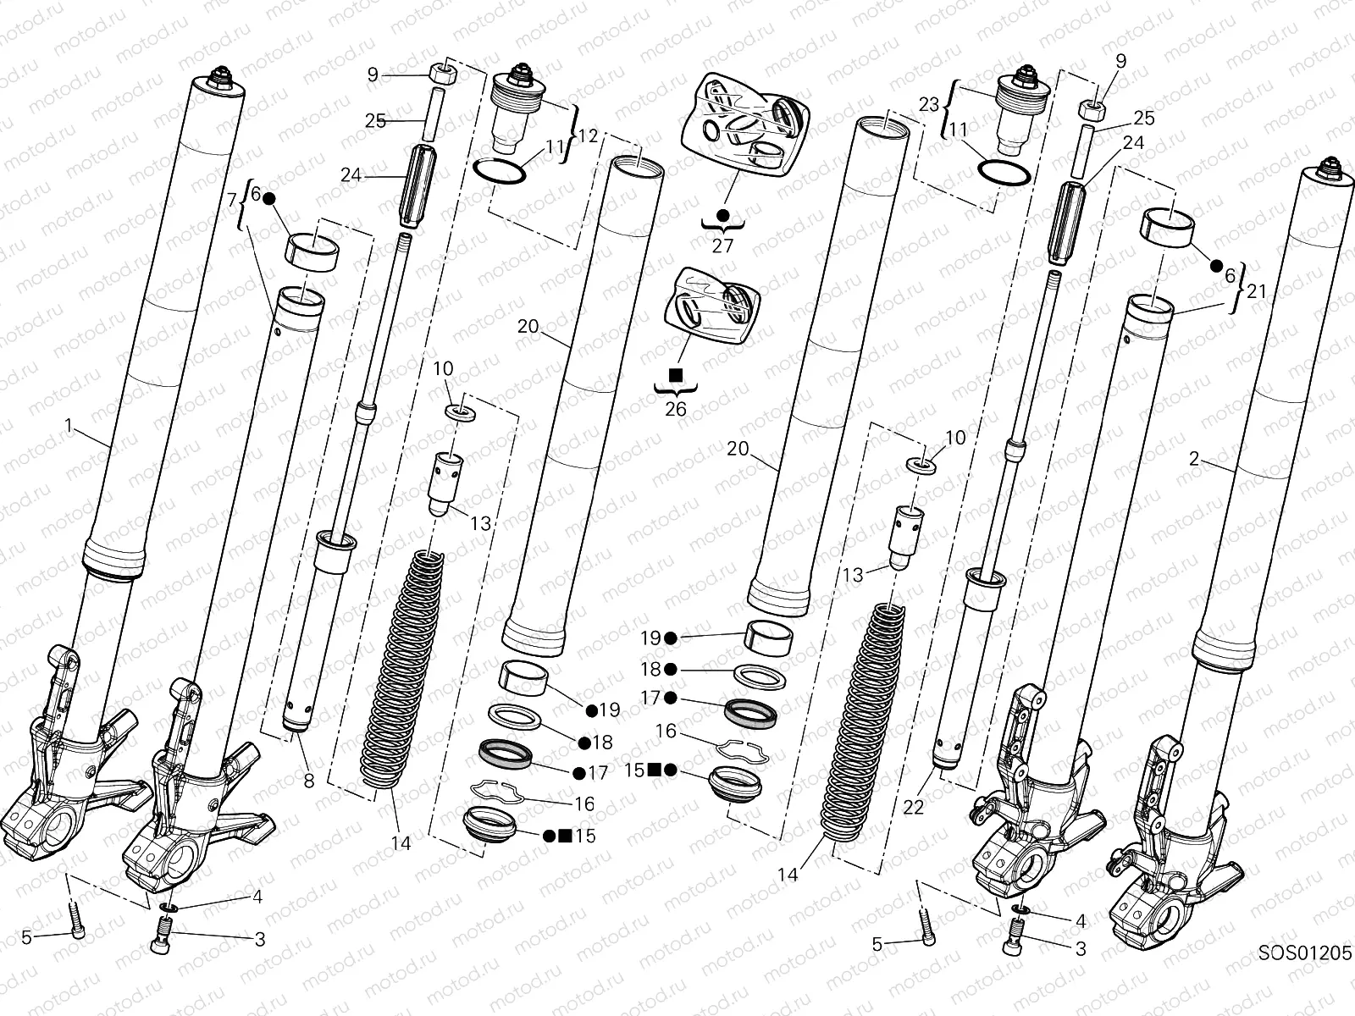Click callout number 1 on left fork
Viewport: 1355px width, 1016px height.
70,425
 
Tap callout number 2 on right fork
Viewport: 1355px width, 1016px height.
1194,459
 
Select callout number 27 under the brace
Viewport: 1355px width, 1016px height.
722,246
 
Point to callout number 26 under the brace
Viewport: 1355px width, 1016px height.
676,409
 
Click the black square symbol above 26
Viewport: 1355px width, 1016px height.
676,374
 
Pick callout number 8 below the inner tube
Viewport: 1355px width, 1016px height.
308,781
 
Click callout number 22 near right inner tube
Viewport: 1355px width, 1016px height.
913,807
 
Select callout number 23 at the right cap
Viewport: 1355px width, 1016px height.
929,104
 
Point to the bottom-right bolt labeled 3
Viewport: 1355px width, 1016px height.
1012,948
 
